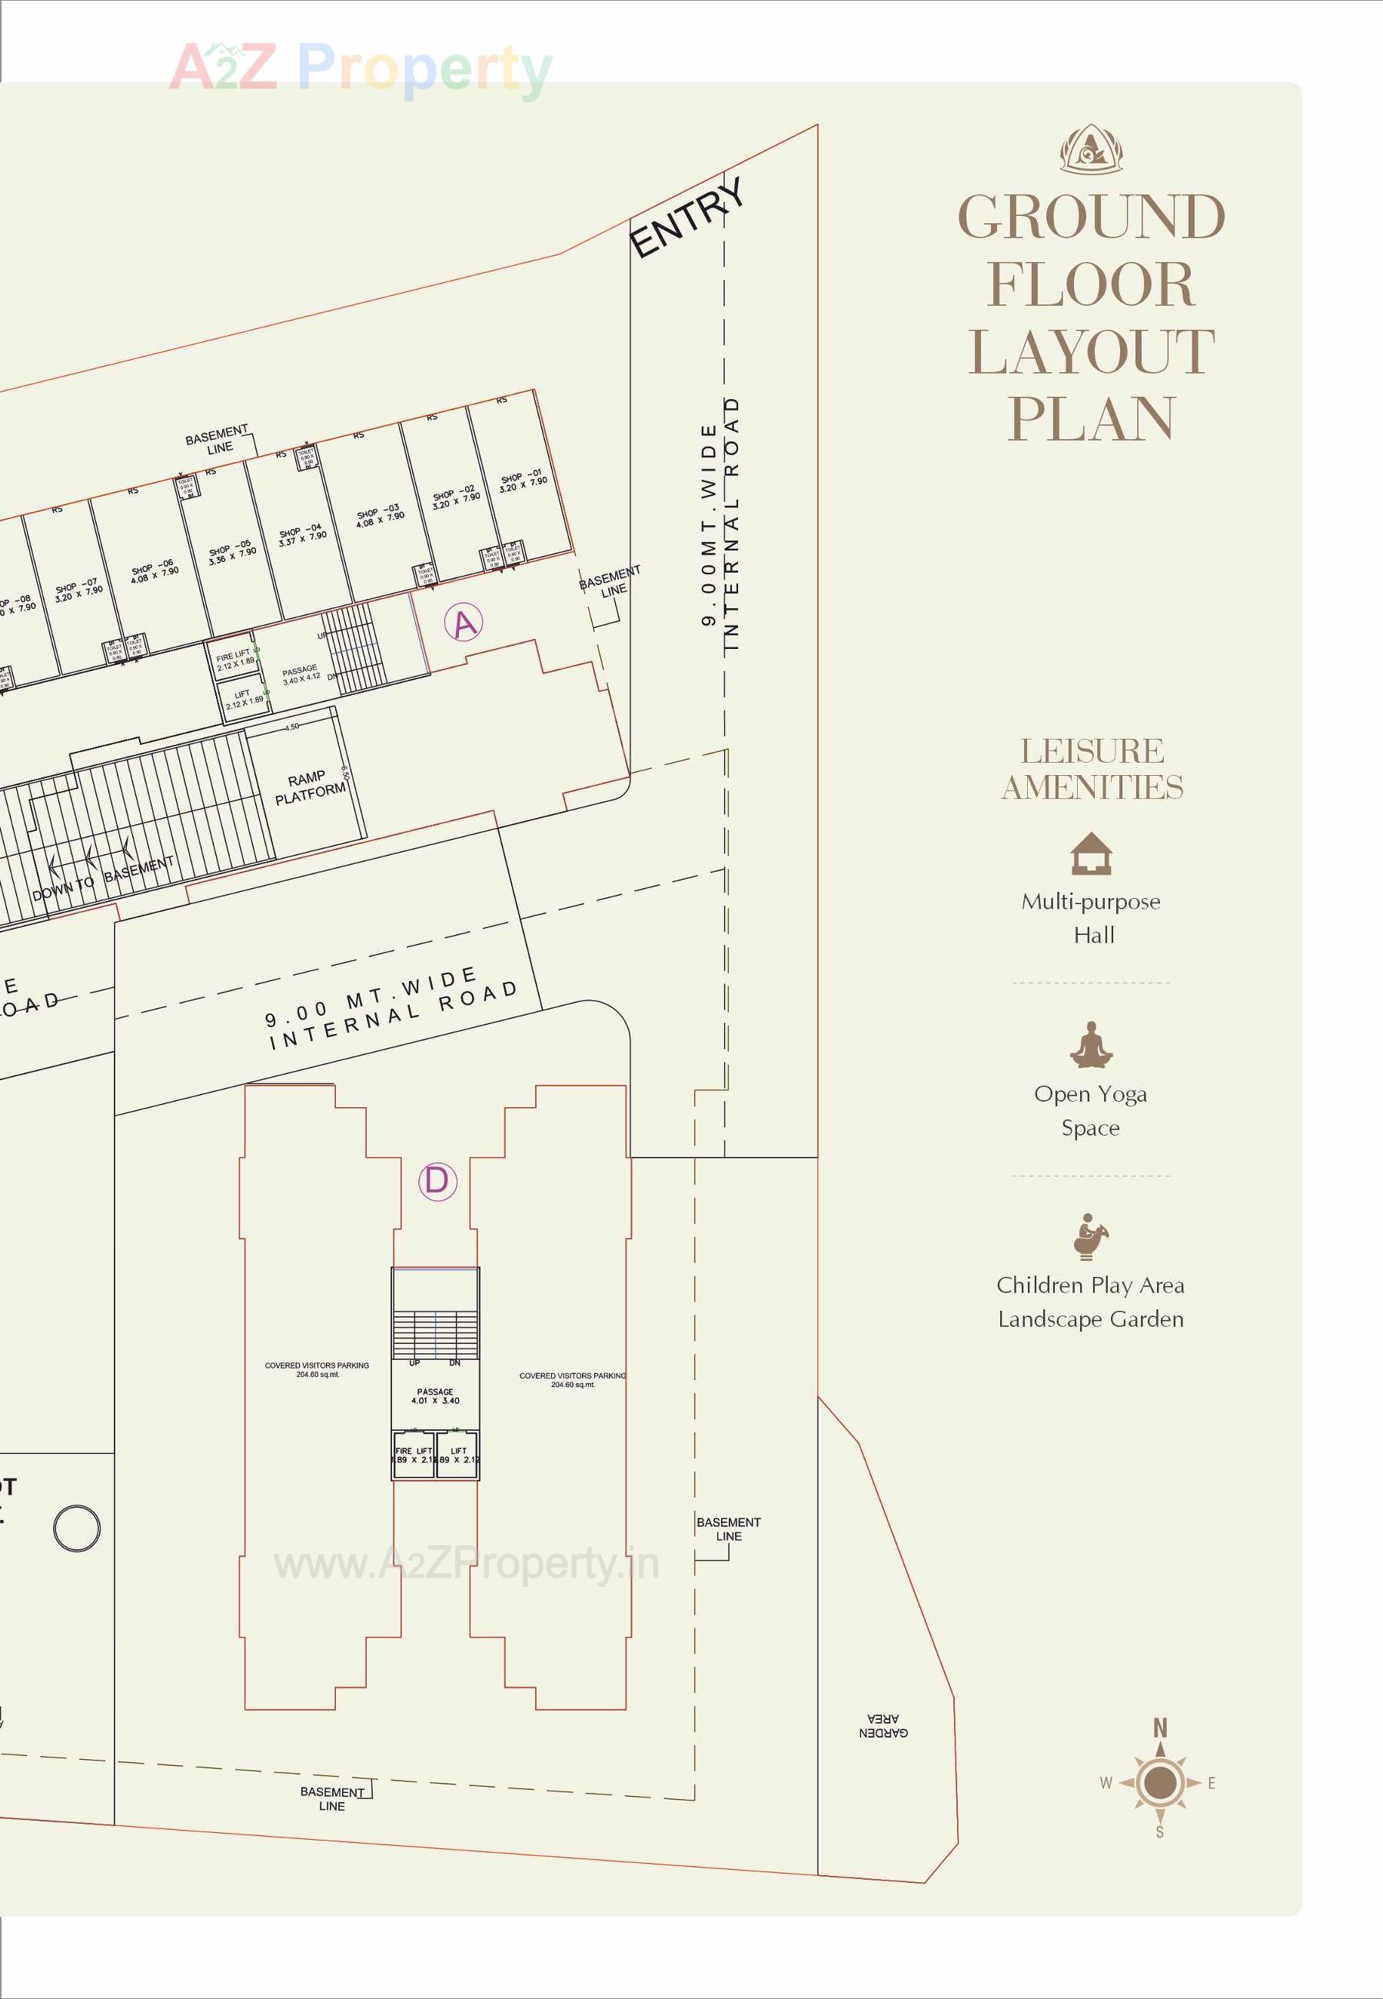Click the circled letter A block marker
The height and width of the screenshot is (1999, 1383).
(464, 623)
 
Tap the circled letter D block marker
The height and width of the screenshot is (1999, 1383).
(437, 1181)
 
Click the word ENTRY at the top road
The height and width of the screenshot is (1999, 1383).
(687, 218)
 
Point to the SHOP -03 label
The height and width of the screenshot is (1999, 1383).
(380, 517)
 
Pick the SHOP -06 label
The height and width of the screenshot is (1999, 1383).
(155, 571)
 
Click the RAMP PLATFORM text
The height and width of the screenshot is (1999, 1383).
(309, 787)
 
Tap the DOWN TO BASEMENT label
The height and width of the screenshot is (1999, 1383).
(102, 878)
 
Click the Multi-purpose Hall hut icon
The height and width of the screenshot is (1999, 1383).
(1091, 853)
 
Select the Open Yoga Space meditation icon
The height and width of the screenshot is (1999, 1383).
(1090, 1045)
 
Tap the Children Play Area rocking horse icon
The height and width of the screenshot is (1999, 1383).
(1090, 1236)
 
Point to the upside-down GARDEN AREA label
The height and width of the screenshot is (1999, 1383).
(883, 1726)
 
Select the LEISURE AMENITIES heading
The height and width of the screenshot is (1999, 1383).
(1092, 769)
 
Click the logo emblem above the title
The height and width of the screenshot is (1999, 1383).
(1091, 149)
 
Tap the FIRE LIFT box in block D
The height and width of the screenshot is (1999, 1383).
(414, 1455)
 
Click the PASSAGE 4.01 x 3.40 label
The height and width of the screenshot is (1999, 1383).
(435, 1396)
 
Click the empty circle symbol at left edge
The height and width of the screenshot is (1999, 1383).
(77, 1528)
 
